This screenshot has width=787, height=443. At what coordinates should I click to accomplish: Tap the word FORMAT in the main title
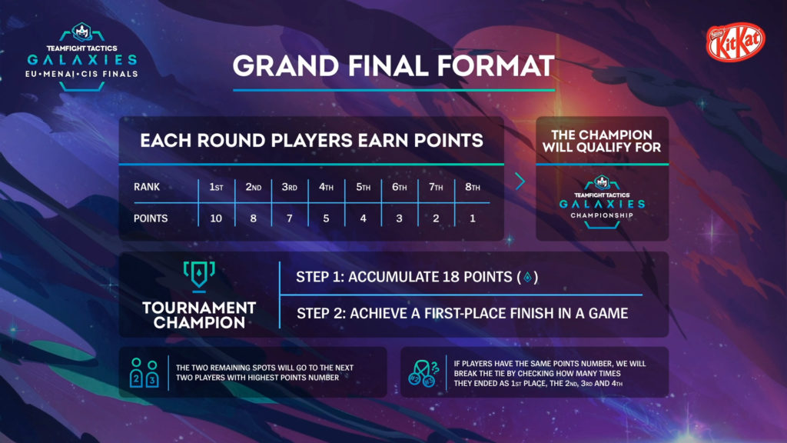(496, 66)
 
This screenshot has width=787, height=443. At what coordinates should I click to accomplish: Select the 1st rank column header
(216, 187)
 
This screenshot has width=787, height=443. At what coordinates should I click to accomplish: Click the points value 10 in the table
(216, 218)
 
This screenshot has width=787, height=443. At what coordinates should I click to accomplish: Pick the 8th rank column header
(473, 187)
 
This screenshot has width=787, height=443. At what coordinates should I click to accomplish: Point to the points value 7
(289, 218)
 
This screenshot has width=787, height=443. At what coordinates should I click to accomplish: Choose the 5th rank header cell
(363, 187)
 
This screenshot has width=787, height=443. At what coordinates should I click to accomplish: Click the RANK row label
(147, 187)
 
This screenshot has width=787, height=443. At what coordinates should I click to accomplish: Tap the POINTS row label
(151, 218)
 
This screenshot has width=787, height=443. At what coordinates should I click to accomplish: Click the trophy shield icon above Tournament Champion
(199, 276)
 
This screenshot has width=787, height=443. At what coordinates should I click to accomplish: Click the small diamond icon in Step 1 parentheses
(527, 277)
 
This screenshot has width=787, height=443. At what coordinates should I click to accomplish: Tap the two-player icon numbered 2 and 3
(144, 373)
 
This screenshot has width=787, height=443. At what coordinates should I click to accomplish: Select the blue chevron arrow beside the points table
(520, 182)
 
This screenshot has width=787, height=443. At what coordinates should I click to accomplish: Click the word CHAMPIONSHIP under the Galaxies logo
(602, 215)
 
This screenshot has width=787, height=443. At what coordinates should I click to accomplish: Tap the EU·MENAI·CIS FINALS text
(81, 74)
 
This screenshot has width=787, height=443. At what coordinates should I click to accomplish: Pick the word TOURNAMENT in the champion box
(199, 308)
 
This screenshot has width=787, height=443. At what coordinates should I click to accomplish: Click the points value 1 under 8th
(473, 218)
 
